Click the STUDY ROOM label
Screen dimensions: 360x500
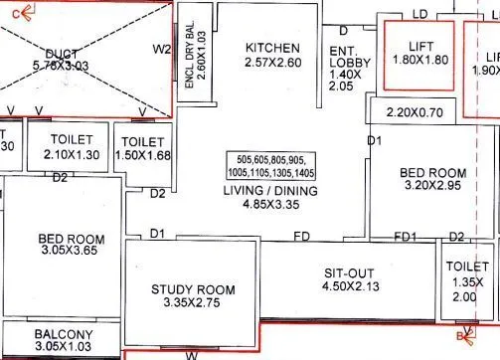(x=192, y=289)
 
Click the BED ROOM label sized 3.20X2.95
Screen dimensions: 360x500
(x=432, y=172)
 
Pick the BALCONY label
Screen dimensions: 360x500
(x=64, y=333)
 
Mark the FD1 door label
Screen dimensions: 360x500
(x=405, y=237)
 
